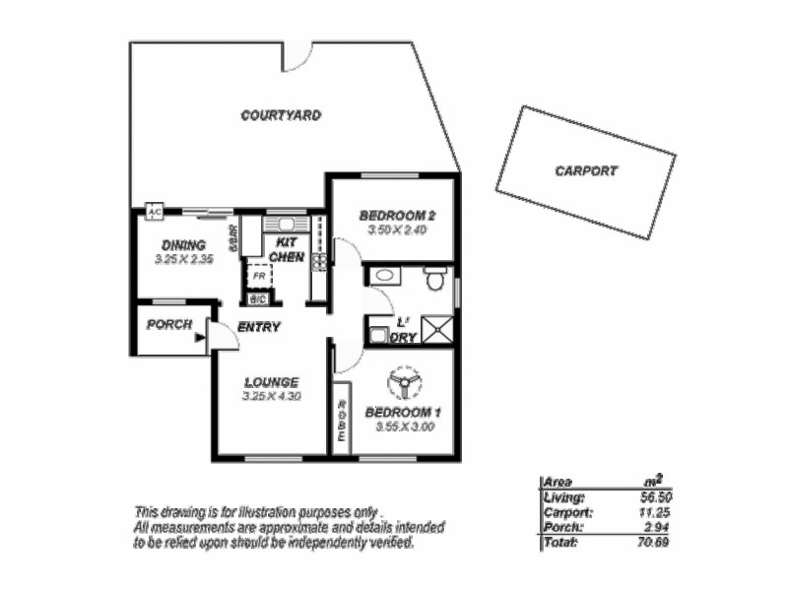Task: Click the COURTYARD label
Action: [281, 115]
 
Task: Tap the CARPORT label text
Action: [586, 170]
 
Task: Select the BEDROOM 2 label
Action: [397, 216]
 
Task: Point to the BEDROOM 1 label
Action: [403, 412]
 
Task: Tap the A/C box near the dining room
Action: [154, 212]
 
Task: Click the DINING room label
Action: [183, 245]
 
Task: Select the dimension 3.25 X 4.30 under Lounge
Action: [271, 396]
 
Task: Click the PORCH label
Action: [168, 324]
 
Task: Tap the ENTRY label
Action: [259, 327]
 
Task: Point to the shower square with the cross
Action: [438, 328]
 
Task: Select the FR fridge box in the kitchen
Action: [258, 277]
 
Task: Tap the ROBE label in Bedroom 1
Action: [342, 421]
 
